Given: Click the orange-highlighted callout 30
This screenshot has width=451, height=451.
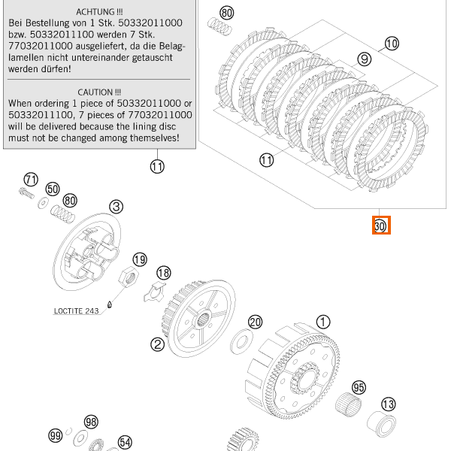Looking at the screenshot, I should pyautogui.click(x=380, y=225).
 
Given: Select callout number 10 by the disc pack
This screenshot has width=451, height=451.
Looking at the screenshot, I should pyautogui.click(x=391, y=43).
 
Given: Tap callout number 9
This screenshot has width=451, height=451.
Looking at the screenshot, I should pyautogui.click(x=365, y=59).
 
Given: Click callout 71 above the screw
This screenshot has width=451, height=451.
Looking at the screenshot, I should pyautogui.click(x=30, y=180).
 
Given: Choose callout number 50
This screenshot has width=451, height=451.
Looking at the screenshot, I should pyautogui.click(x=52, y=189).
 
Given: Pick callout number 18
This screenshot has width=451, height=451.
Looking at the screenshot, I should pyautogui.click(x=163, y=272).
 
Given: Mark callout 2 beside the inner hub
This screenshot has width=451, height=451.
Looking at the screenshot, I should pyautogui.click(x=157, y=344).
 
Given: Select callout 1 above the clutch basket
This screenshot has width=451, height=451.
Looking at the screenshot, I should pyautogui.click(x=322, y=322).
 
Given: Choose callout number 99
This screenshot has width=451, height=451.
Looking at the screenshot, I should pyautogui.click(x=55, y=435).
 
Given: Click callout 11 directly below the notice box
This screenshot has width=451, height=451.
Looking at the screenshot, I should pyautogui.click(x=156, y=167).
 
